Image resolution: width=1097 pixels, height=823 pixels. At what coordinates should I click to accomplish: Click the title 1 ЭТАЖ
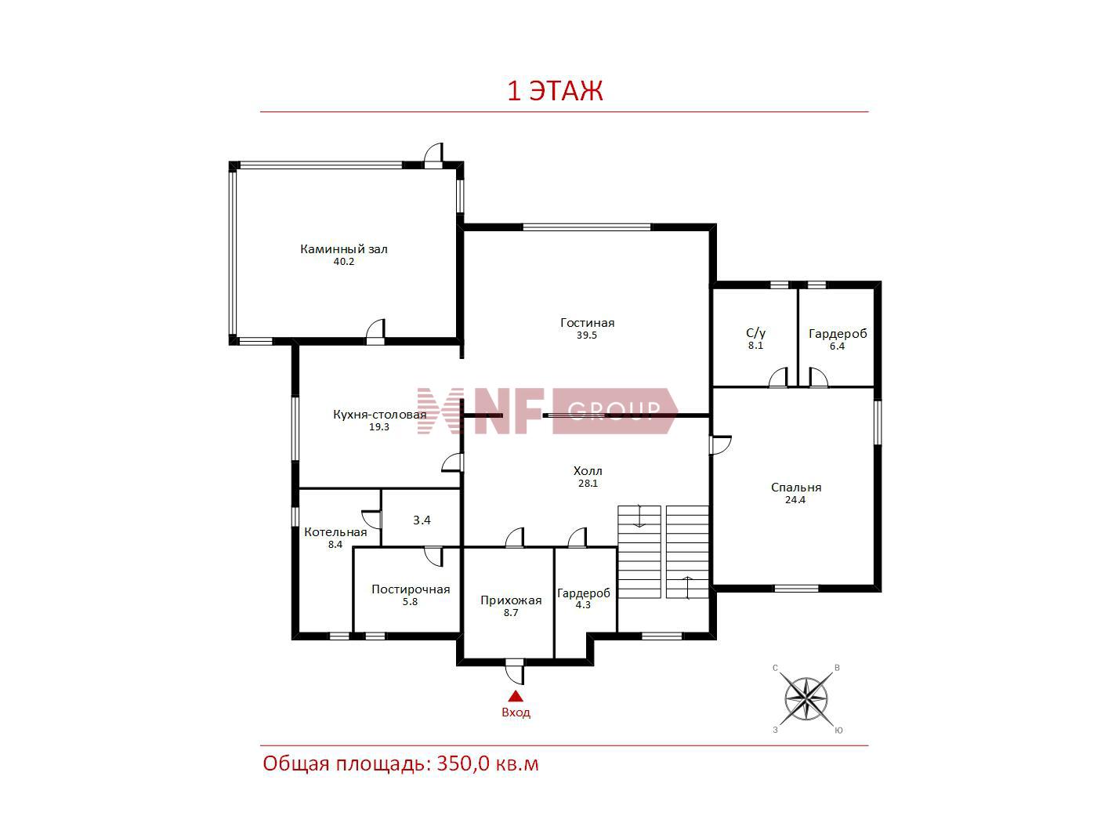point(555,90)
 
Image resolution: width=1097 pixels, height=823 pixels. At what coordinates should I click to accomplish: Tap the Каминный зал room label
point(343,248)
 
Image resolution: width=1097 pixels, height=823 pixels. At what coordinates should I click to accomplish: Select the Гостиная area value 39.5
point(587,335)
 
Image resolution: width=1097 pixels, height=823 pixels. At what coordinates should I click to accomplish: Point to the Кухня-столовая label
point(379,415)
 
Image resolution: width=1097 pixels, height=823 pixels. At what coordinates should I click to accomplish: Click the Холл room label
point(588,471)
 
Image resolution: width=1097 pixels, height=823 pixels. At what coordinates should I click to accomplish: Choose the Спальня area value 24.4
point(795,500)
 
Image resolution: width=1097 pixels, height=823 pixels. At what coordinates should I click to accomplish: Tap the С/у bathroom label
point(755,333)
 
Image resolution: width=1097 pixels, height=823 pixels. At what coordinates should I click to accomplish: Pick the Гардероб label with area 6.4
point(838,334)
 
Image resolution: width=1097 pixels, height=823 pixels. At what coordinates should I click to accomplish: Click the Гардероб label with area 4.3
point(583,593)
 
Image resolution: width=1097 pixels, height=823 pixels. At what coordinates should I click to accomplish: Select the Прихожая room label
point(511,600)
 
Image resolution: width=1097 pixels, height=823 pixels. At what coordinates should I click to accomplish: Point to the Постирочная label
point(411,589)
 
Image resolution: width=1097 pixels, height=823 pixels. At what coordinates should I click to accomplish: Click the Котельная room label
point(335,532)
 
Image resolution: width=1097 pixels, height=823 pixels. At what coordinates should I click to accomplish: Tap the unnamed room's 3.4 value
point(422,520)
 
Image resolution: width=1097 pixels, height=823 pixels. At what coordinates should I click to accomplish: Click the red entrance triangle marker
point(516,696)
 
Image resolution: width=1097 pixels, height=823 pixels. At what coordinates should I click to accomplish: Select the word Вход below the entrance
point(516,712)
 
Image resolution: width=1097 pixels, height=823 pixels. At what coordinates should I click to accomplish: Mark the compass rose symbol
point(806,698)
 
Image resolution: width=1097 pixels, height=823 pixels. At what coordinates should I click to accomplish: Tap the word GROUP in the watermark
point(614,411)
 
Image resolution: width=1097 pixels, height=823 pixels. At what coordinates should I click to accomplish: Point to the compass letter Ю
point(838,730)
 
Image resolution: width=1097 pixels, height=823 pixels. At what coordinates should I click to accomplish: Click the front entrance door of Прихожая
point(515,672)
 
